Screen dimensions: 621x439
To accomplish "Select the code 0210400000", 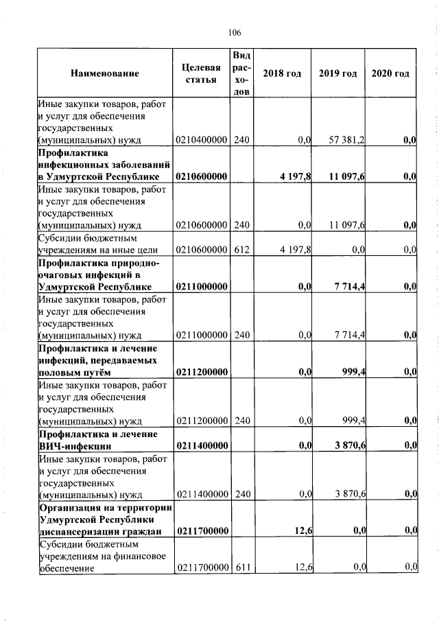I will point(201,140).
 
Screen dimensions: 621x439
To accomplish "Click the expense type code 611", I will point(241,566).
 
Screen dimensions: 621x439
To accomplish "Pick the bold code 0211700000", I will point(201,531).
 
